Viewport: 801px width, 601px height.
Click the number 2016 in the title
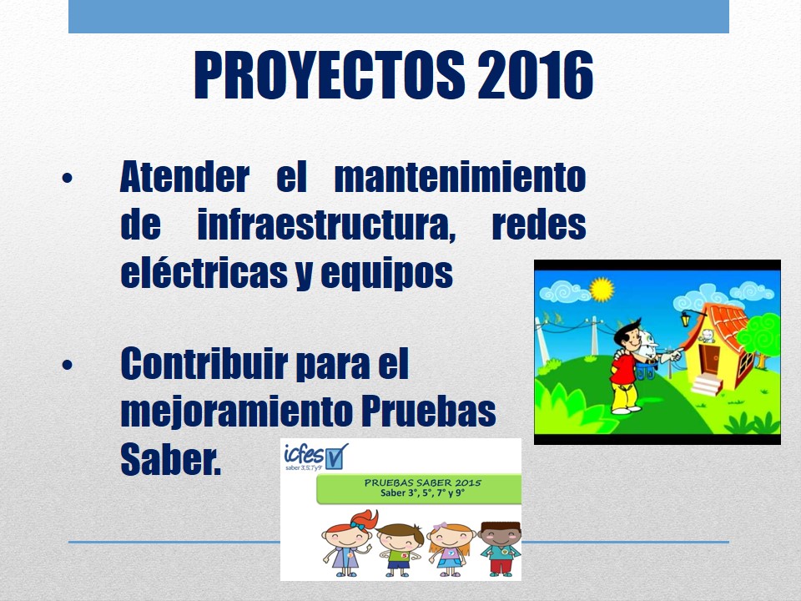coord(536,74)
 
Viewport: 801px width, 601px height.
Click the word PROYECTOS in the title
coord(330,74)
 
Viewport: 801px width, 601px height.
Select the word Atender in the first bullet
coord(184,176)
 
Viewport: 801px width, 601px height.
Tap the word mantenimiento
coord(460,176)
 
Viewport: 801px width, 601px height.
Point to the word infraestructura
coord(326,225)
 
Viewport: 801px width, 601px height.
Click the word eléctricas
coord(204,272)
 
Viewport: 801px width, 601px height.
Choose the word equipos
coord(386,275)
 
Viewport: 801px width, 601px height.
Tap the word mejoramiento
coord(236,412)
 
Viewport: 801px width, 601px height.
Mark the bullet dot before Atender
coord(67,179)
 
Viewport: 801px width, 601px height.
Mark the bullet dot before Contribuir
coord(67,365)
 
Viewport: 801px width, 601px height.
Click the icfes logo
coord(315,457)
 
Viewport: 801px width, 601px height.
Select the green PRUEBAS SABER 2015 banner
coord(419,488)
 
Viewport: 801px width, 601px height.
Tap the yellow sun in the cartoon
coord(602,290)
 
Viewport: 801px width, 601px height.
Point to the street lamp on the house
coord(685,320)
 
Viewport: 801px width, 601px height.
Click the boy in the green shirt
coord(400,550)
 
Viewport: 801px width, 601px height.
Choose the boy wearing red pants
coord(501,549)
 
